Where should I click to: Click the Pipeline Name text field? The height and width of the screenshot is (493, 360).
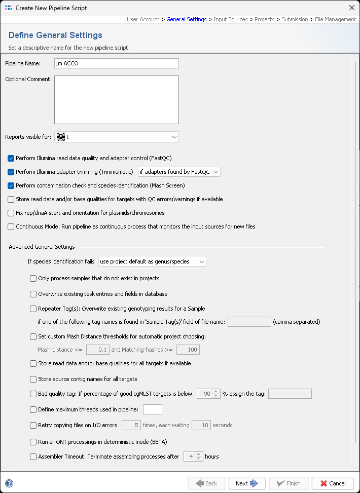[117, 63]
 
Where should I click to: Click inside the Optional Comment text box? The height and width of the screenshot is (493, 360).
[117, 100]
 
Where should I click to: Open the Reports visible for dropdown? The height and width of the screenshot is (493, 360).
[117, 137]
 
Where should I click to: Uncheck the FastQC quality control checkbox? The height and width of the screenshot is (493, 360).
[11, 158]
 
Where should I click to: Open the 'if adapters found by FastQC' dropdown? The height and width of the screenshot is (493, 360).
[179, 172]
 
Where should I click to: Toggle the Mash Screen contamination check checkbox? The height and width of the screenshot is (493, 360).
[11, 185]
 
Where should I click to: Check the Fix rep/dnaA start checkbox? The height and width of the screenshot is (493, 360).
[11, 213]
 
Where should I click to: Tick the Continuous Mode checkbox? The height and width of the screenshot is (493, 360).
[11, 226]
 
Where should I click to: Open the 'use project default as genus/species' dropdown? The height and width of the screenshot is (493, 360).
[152, 261]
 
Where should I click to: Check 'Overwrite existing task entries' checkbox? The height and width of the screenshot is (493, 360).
[33, 294]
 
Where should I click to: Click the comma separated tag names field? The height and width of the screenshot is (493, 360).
[249, 322]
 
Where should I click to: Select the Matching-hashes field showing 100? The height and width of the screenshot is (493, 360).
[188, 350]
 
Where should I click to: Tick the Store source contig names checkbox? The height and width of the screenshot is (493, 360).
[33, 379]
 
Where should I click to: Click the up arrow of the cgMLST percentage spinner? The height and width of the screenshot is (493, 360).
[216, 391]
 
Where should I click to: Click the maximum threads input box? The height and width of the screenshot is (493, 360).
[153, 409]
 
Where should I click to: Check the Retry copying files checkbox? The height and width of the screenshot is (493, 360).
[33, 425]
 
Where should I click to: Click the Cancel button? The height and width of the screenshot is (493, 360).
[333, 483]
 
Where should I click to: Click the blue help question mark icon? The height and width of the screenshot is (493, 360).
[9, 483]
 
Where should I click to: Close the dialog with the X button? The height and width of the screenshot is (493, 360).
[352, 8]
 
